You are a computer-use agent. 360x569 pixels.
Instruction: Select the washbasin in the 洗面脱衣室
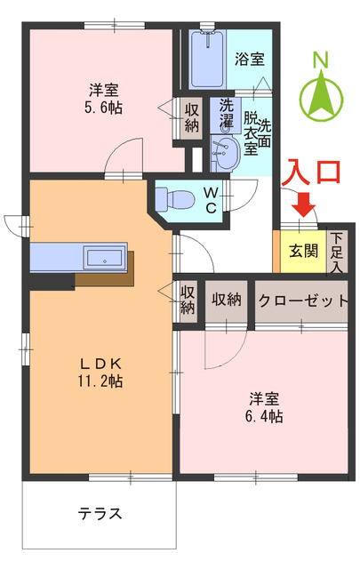click(x=223, y=156)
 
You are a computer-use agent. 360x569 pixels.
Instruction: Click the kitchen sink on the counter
click(x=105, y=259)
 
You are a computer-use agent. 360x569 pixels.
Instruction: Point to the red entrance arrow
click(x=304, y=206)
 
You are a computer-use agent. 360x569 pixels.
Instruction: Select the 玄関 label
click(x=303, y=250)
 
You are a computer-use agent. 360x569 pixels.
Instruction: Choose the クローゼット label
click(x=303, y=300)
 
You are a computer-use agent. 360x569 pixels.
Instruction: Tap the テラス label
click(x=100, y=514)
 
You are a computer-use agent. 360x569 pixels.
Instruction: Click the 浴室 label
click(x=249, y=60)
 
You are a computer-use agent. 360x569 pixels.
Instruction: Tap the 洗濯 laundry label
click(x=227, y=113)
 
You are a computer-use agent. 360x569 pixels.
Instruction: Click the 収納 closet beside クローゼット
click(x=227, y=300)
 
